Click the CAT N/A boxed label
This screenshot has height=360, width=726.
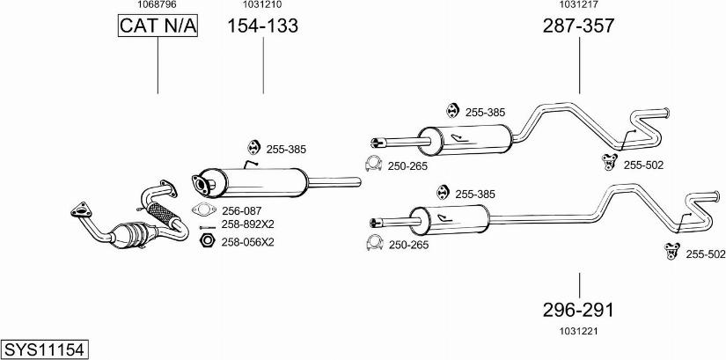click(x=158, y=27)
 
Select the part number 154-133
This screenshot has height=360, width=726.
click(x=263, y=26)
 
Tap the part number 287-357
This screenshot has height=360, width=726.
click(x=577, y=26)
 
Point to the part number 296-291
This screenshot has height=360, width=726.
click(x=578, y=310)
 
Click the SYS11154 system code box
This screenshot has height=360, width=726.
click(x=44, y=349)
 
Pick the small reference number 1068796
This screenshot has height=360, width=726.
click(x=158, y=5)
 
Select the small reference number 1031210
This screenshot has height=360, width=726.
click(x=262, y=5)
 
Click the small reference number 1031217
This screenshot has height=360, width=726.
click(x=577, y=5)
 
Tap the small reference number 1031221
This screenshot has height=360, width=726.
click(x=577, y=331)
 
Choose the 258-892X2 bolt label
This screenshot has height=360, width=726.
click(x=247, y=225)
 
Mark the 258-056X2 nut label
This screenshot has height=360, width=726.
click(x=247, y=241)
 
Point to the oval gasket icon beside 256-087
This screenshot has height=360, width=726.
click(x=204, y=210)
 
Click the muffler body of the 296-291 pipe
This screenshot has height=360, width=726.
click(x=448, y=218)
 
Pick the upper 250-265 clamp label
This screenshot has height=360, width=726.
click(x=407, y=165)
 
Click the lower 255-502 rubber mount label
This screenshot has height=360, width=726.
click(x=706, y=254)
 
